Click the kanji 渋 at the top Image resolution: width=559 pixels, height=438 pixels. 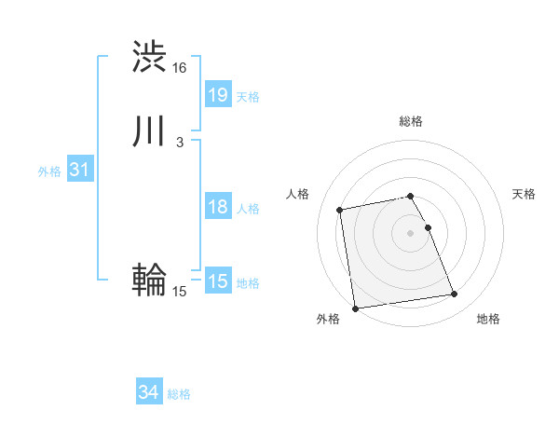tap(150, 57)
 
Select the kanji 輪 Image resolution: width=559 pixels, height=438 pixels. tap(149, 280)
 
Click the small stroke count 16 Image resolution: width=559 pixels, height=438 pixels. tap(180, 68)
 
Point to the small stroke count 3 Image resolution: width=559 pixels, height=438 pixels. tap(179, 142)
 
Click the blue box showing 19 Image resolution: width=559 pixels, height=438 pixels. tap(217, 95)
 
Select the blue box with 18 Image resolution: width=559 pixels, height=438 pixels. tap(217, 207)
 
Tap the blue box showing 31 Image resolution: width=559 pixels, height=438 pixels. tap(79, 171)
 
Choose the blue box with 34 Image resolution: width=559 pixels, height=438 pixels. tap(148, 393)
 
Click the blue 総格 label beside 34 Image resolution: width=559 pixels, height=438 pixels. tap(179, 395)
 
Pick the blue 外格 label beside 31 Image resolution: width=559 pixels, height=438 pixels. tap(48, 171)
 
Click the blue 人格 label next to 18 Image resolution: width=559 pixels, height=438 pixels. tap(248, 209)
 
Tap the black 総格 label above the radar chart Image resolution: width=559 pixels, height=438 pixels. tap(411, 121)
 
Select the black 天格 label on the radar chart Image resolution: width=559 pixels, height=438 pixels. tap(525, 194)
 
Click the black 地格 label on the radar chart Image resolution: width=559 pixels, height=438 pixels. tap(488, 320)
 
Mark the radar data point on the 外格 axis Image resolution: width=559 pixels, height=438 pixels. tap(354, 308)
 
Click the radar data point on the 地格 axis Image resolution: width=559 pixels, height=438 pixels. tap(455, 294)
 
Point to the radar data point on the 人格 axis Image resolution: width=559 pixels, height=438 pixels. tap(341, 210)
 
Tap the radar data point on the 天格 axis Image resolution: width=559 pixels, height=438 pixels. tap(428, 227)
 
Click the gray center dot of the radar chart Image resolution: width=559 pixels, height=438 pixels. tap(411, 233)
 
